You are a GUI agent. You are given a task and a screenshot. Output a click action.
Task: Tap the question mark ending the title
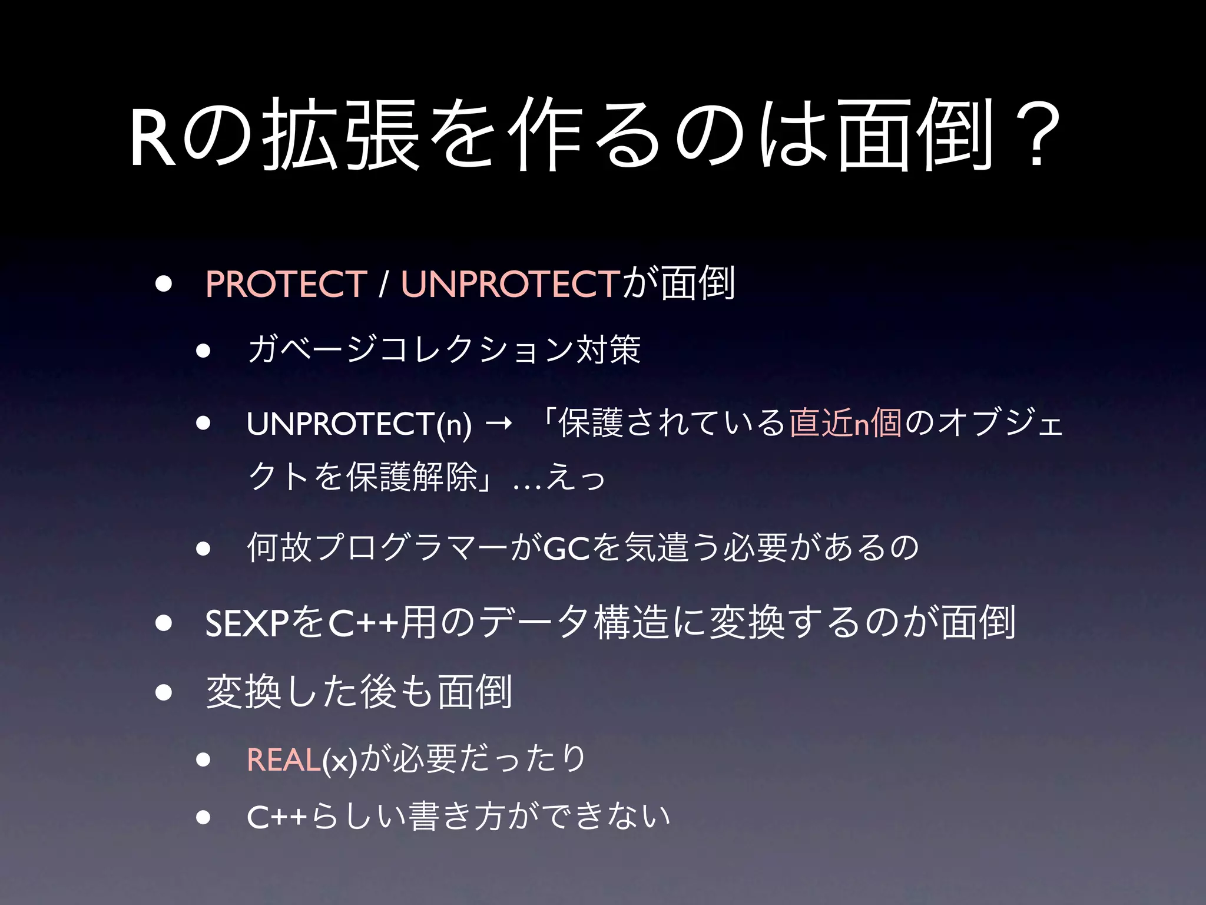click(x=1036, y=137)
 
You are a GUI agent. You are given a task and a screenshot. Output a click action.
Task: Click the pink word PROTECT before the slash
click(x=286, y=284)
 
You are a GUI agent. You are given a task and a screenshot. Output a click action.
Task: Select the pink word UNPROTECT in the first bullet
click(x=511, y=284)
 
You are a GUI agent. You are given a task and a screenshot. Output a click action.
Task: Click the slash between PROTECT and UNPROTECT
click(x=384, y=284)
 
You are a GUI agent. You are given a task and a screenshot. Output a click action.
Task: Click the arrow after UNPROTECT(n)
click(x=499, y=423)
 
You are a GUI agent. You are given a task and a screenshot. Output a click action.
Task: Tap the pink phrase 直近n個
click(x=845, y=423)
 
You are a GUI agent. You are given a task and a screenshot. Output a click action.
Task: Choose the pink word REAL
click(x=283, y=759)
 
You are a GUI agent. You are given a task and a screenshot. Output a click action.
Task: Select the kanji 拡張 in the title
click(x=341, y=137)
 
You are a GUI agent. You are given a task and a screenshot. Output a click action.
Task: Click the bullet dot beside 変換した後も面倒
click(x=164, y=692)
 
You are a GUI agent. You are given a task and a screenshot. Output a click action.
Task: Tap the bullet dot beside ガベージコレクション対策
click(x=204, y=351)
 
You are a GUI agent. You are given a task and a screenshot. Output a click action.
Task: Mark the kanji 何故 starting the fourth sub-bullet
click(x=280, y=547)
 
